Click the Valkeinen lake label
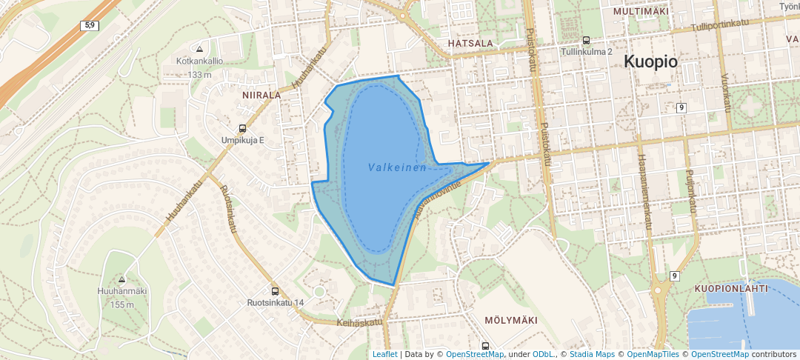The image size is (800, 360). tap(397, 168)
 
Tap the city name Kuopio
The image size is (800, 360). tap(650, 62)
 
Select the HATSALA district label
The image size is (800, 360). tap(470, 44)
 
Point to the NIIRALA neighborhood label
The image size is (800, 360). tap(261, 96)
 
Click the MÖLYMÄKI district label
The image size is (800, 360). tap(510, 320)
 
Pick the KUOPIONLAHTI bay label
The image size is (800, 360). tap(731, 288)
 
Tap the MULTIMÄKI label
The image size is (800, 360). tap(641, 13)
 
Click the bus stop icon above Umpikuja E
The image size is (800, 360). tap(242, 128)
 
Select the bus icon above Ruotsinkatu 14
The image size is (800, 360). tap(276, 291)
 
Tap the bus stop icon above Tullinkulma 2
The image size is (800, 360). tap(586, 41)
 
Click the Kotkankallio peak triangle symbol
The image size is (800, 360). tap(199, 49)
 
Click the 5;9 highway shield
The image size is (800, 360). tap(90, 25)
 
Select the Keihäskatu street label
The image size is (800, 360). tap(359, 322)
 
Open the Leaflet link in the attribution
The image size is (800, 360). tap(384, 354)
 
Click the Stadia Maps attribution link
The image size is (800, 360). tap(592, 354)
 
